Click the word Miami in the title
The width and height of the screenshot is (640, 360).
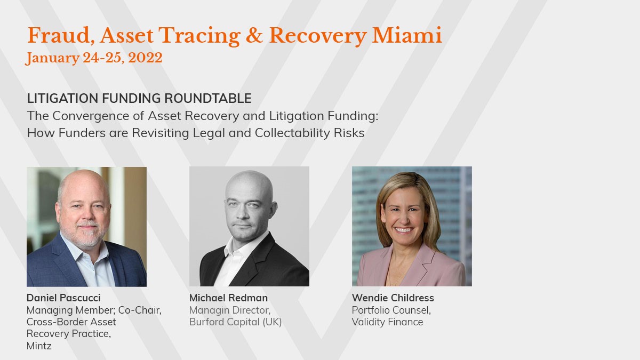pos(407,35)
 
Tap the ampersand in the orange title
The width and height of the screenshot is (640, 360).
pos(254,35)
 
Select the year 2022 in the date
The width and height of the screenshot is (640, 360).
pos(145,58)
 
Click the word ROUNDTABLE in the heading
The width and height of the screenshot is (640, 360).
pos(208,98)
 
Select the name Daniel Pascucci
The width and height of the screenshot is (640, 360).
pos(63,298)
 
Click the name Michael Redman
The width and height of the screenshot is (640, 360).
pos(228,298)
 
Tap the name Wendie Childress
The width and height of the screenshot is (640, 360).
pos(393,298)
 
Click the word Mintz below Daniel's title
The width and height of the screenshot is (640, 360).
pos(39,346)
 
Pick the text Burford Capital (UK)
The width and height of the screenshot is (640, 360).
pos(235,322)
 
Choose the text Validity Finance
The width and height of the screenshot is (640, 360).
pos(387,322)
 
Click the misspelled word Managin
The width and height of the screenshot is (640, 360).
pos(210,310)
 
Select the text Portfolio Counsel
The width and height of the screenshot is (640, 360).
pos(391,310)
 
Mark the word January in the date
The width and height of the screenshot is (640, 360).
pos(53,58)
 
